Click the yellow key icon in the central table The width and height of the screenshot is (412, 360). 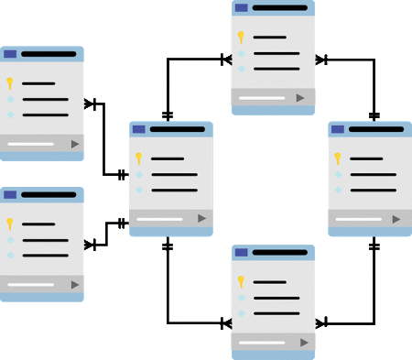(x=139, y=158)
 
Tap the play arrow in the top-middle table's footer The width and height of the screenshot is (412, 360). (x=300, y=97)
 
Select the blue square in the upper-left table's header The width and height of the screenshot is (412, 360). (x=10, y=54)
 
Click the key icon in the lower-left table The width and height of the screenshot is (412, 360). (x=9, y=224)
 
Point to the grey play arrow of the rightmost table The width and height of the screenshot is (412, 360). (x=396, y=219)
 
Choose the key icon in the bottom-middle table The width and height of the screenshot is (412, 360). (x=240, y=281)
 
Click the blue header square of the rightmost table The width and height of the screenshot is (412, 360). (x=337, y=129)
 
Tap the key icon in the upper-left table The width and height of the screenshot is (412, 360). (x=9, y=82)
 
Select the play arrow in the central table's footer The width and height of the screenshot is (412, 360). (x=201, y=218)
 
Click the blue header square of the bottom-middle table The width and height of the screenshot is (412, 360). (x=241, y=252)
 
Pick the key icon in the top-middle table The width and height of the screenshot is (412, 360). (x=241, y=37)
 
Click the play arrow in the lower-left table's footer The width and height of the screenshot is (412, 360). (x=74, y=285)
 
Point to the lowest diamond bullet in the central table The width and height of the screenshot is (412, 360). (x=139, y=191)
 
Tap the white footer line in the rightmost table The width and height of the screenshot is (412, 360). (x=357, y=219)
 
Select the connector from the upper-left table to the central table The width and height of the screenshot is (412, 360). (x=107, y=137)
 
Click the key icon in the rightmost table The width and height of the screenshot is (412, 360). (x=339, y=158)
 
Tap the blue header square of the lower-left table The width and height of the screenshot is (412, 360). (x=10, y=195)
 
